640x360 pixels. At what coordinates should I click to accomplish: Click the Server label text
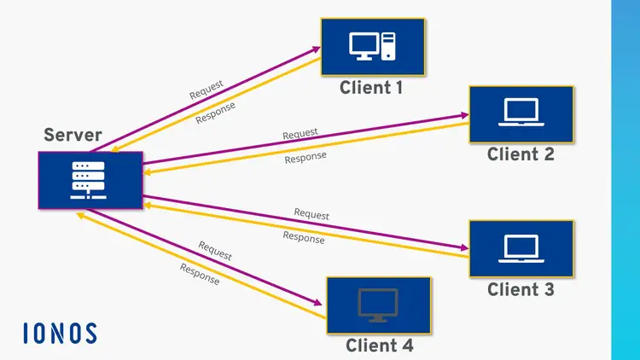click(x=73, y=135)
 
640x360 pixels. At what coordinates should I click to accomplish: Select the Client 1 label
click(x=371, y=87)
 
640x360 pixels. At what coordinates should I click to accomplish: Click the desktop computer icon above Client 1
click(x=373, y=46)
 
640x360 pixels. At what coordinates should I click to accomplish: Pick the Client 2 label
click(x=521, y=154)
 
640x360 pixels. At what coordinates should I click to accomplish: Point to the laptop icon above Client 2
click(x=521, y=113)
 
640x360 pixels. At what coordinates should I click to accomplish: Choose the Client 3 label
click(x=521, y=290)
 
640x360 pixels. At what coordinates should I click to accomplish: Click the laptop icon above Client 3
click(x=521, y=247)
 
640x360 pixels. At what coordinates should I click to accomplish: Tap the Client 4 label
click(x=379, y=345)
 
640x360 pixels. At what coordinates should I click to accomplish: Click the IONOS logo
click(x=60, y=333)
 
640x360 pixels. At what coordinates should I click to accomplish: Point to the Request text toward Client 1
click(x=207, y=90)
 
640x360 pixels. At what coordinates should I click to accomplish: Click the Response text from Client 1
click(x=216, y=113)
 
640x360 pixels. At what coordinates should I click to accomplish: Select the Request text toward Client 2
click(x=300, y=134)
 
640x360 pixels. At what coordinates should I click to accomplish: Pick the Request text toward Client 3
click(x=311, y=214)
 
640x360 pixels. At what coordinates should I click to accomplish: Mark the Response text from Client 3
click(x=304, y=237)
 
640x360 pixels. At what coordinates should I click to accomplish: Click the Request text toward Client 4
click(x=215, y=251)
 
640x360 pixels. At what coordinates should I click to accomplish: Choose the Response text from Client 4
click(x=200, y=274)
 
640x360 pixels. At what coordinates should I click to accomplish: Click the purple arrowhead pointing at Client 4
click(x=318, y=303)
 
